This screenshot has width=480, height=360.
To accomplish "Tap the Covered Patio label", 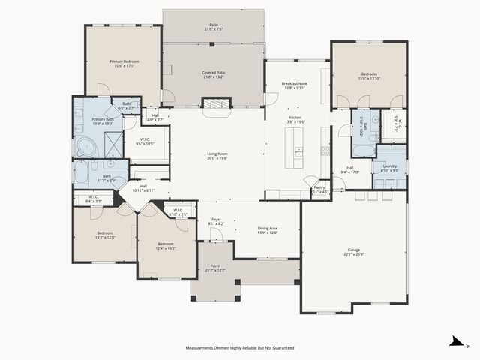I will point(214,73).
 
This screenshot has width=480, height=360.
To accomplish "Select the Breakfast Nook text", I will point(295,83).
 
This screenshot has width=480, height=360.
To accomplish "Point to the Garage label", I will point(354,250).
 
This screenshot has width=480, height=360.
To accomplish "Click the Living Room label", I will point(217,154).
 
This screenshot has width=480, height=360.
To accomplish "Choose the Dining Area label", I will point(268,228).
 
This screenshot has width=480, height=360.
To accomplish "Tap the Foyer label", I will point(216,219).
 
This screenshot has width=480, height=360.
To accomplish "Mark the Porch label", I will point(215,266).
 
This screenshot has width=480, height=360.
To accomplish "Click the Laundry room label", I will point(389,166).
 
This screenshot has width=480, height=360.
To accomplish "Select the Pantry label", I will point(319,187).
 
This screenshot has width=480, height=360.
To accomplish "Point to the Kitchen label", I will point(295,118).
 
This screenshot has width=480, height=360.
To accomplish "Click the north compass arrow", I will point(455,342).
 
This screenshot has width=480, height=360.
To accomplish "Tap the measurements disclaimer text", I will point(239,348).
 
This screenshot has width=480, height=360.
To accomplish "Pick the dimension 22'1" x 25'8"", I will point(354,255).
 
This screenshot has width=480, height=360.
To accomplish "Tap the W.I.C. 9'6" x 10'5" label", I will point(145,141).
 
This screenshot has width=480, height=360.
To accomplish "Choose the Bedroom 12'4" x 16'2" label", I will point(166,246).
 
